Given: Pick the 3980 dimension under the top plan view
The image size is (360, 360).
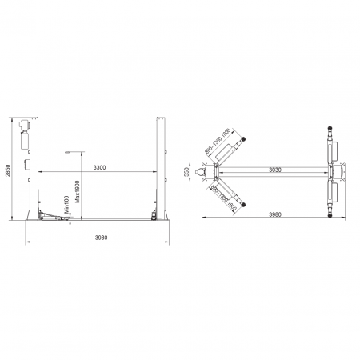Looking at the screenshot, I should click(275, 214).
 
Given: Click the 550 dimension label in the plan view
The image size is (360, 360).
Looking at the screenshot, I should click(188, 171).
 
